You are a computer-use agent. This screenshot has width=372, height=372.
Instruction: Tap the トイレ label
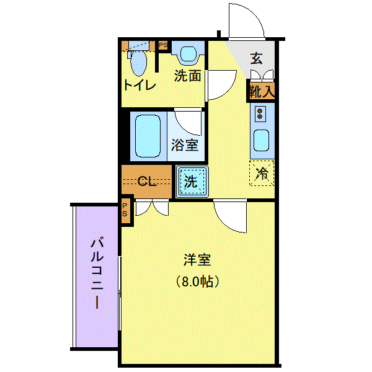[x=140, y=85]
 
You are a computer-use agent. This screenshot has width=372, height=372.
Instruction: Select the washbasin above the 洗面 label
[x=188, y=53]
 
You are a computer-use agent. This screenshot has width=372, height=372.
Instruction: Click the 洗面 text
[x=188, y=76]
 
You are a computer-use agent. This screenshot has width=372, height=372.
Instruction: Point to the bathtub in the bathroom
[x=148, y=136]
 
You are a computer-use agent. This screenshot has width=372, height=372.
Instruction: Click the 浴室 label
[x=185, y=144]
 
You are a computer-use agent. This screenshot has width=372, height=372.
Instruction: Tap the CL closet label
[x=146, y=182]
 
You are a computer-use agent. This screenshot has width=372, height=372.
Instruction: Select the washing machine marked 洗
[x=192, y=182]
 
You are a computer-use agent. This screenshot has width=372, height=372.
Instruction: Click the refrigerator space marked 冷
[x=262, y=173]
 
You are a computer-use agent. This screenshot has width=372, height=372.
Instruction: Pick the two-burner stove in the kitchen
[x=260, y=114]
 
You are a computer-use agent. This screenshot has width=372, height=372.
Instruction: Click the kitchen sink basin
[x=261, y=141]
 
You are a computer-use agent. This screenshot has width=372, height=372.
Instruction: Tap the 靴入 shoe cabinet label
[x=262, y=91]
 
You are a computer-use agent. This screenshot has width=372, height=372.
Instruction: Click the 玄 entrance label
[x=257, y=58]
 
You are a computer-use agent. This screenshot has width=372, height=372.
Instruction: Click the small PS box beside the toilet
[x=163, y=45]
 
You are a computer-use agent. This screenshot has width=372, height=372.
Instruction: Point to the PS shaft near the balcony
[x=125, y=210]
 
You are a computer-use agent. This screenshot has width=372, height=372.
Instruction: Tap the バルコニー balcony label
[x=97, y=274]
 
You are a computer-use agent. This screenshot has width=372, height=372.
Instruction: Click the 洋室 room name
[x=197, y=260]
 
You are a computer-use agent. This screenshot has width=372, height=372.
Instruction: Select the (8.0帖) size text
[x=197, y=282]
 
